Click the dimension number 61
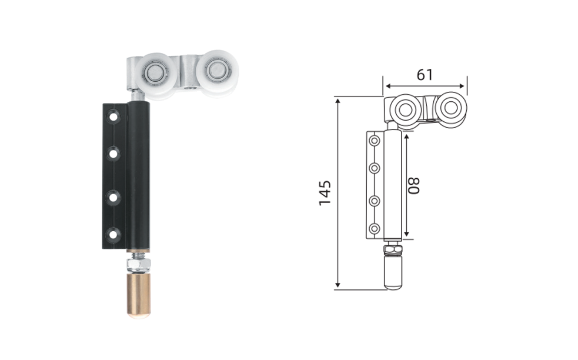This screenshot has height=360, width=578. click(x=425, y=75)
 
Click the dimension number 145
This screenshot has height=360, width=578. click(x=325, y=193)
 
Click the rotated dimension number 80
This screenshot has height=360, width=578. click(x=413, y=185)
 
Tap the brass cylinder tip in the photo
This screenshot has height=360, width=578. click(x=139, y=295)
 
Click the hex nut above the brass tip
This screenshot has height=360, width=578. click(x=138, y=264)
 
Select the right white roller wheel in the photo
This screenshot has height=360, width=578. click(x=217, y=73)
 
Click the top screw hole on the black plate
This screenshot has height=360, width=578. click(x=113, y=117)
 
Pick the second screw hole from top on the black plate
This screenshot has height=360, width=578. click(x=113, y=153)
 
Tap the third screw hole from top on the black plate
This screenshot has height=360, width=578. click(x=113, y=197)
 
